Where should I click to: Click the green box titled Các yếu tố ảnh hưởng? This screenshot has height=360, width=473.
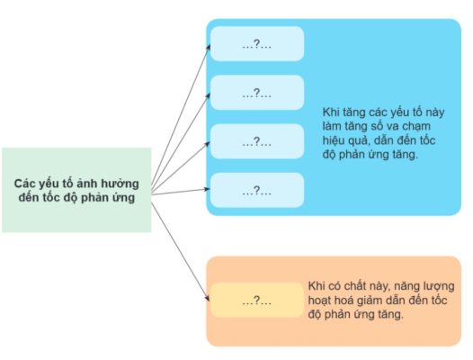[x=76, y=190]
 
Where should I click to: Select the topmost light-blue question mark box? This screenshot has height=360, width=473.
[x=257, y=44]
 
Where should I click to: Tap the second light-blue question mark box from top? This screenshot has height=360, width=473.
[x=257, y=93]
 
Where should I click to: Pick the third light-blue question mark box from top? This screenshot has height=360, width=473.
[x=257, y=141]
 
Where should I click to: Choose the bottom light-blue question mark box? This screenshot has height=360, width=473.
[x=257, y=190]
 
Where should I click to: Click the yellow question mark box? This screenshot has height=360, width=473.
[x=257, y=300]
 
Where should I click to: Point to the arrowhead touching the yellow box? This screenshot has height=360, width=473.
[x=207, y=298]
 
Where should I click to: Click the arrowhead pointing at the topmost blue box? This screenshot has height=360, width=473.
[x=208, y=48]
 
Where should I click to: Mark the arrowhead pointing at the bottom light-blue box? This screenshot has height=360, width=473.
[x=207, y=189]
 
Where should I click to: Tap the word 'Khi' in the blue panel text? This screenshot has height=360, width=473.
[x=331, y=112]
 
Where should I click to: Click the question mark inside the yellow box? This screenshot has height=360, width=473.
[x=256, y=300]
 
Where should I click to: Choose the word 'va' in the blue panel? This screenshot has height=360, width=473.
[x=392, y=127]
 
